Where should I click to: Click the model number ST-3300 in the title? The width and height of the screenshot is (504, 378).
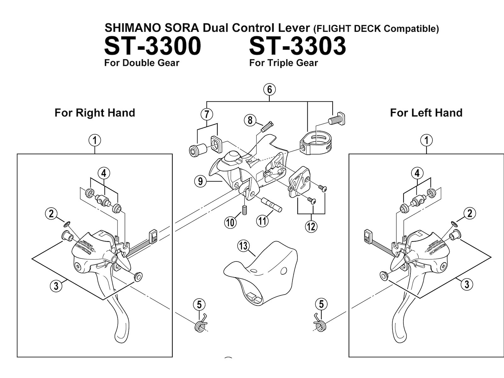coord(152,46)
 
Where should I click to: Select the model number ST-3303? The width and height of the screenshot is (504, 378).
coord(297,46)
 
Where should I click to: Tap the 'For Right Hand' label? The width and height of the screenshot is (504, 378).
coord(95,113)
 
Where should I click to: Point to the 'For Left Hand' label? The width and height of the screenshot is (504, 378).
coord(426,113)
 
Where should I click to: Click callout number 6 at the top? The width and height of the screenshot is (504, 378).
coord(270,89)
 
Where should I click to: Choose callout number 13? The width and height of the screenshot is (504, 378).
coord(243,246)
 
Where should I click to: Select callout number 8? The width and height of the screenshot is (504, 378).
coord(250,120)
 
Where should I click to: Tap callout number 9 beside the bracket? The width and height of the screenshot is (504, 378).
coord(201,182)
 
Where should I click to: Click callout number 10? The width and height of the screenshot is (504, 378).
coord(230,222)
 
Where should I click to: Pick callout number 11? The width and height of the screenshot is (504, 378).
coord(262,221)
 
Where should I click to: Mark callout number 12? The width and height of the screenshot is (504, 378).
coord(311,226)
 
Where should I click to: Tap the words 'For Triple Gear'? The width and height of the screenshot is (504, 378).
coord(283,63)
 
